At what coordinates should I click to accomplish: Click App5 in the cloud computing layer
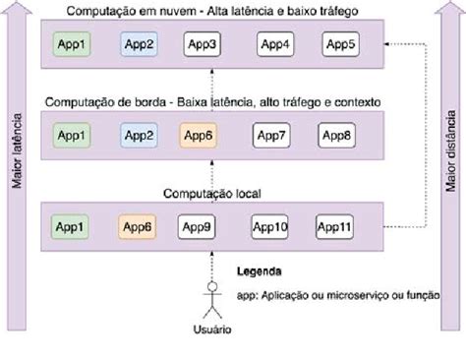[340, 45]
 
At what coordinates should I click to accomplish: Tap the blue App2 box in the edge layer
[138, 135]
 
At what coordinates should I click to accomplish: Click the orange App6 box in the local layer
[138, 226]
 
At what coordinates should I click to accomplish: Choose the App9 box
[200, 226]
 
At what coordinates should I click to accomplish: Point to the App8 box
[340, 135]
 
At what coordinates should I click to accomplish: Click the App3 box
[202, 45]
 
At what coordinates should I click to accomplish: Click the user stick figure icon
[208, 298]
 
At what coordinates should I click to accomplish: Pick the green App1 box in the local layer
[69, 226]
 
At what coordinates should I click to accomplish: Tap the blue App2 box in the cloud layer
[138, 45]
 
